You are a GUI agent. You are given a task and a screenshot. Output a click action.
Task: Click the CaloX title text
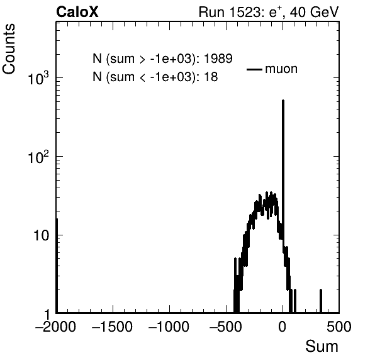[x=77, y=12]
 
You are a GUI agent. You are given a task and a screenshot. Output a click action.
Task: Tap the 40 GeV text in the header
[x=315, y=12]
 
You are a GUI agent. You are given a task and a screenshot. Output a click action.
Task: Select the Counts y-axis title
[x=9, y=49]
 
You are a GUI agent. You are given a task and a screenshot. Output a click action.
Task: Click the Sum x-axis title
[x=322, y=346]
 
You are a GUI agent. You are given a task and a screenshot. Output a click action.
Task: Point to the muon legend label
[x=281, y=69]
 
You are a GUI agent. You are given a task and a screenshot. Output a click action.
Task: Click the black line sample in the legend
[x=254, y=69]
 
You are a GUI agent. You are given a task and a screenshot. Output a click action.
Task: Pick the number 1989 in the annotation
[x=218, y=59]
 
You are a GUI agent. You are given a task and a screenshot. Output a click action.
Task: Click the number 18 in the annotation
[x=211, y=77]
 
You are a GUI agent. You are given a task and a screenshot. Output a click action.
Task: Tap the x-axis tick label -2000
[x=56, y=327]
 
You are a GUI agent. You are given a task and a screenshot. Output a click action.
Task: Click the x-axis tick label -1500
[x=112, y=327]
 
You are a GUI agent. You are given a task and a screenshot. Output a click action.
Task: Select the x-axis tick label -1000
[x=169, y=327]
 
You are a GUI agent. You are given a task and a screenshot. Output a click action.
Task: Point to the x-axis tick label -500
[x=225, y=327]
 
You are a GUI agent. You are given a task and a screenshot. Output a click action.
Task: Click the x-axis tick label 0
[x=283, y=327]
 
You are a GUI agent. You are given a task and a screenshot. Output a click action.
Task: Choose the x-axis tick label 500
[x=339, y=327]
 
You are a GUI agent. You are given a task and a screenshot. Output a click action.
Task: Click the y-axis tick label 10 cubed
[x=38, y=78]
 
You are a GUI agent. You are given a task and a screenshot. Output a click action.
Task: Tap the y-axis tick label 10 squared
[x=38, y=157]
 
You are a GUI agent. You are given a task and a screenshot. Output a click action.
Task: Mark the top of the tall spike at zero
[x=283, y=100]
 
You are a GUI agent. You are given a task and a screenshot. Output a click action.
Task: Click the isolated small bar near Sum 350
[x=321, y=301]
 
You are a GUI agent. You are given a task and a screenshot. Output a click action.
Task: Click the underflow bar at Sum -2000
[x=57, y=266]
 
